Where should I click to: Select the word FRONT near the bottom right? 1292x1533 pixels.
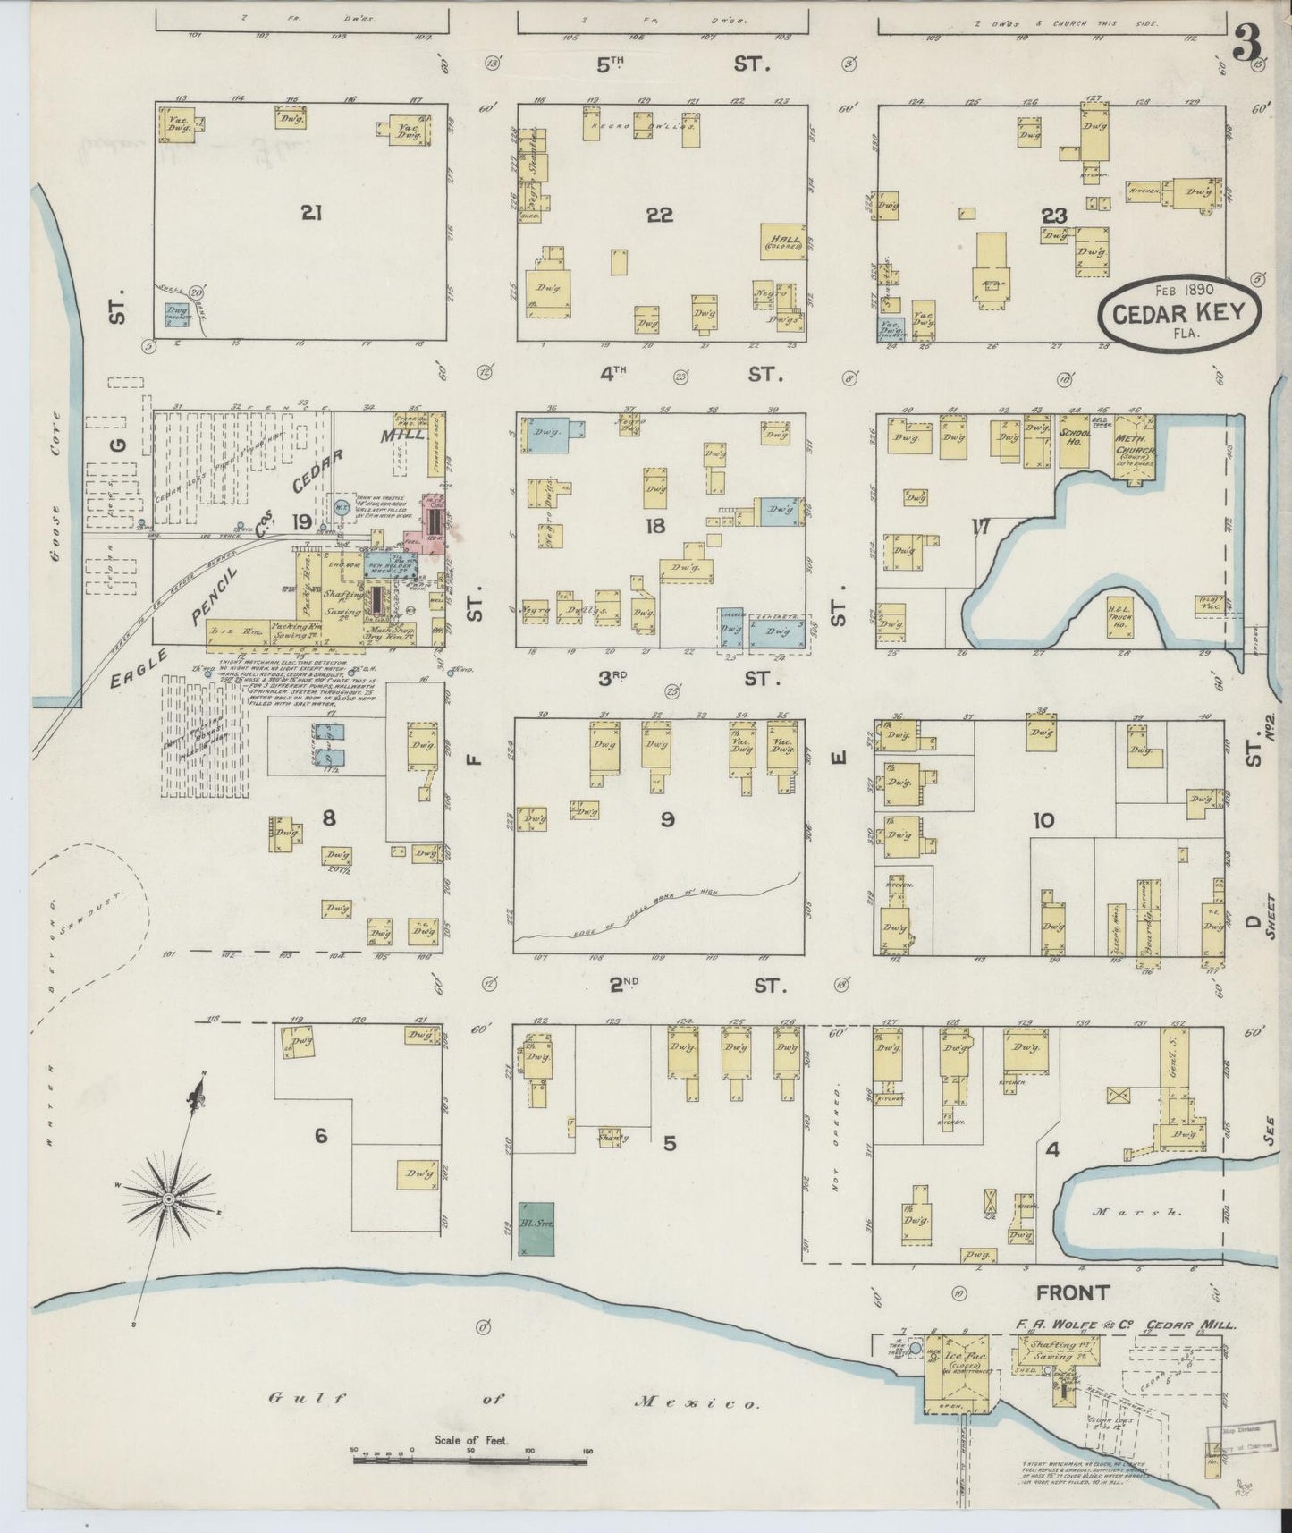(1073, 1292)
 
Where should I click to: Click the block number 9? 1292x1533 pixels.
(667, 818)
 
